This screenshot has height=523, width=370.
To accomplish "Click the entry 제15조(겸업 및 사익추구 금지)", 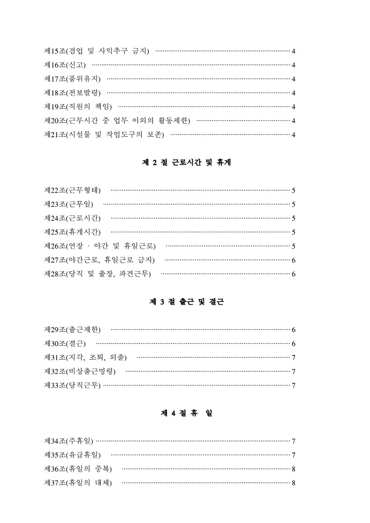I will point(97,51).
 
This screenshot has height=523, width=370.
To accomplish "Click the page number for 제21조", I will point(293,135).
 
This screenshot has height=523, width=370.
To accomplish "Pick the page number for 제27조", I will point(293,260).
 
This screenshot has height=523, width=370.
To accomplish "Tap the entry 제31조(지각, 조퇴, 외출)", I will point(85,358).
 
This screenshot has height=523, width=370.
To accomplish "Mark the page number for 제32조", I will point(293,372).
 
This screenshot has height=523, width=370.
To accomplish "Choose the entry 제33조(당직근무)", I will point(72,386).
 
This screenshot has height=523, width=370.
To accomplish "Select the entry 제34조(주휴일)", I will point(69,441).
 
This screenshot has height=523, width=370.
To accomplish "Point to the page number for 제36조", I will point(293,469).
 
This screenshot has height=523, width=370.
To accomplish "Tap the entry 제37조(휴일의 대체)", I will point(78,483).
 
